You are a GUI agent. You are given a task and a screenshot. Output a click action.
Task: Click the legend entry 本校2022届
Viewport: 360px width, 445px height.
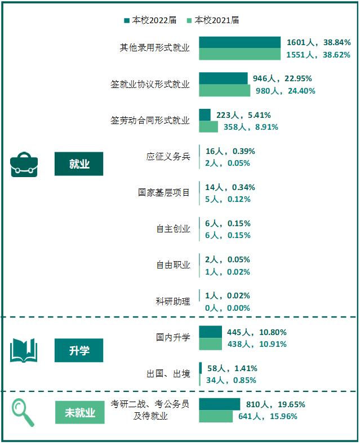tap(151, 20)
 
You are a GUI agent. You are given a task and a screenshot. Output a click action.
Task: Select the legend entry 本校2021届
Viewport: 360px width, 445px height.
tap(214, 20)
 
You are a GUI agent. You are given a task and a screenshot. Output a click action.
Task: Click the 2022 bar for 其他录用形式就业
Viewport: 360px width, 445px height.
tap(239, 42)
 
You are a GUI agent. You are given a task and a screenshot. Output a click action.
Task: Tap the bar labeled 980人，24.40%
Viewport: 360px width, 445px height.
tap(225, 90)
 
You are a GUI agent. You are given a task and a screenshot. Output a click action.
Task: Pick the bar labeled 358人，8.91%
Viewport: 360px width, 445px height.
tap(208, 127)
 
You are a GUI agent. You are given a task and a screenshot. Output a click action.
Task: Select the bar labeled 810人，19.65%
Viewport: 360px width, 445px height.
tap(219, 404)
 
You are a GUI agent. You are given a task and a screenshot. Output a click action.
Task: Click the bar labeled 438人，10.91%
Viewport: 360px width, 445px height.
tap(211, 344)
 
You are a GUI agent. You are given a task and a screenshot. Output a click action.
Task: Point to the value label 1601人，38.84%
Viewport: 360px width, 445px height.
tap(318, 42)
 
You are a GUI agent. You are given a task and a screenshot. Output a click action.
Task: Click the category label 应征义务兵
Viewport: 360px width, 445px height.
tap(168, 157)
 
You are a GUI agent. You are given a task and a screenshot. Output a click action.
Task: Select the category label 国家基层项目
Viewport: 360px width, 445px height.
tap(164, 193)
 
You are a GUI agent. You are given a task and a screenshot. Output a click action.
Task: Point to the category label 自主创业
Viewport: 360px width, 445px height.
tap(173, 229)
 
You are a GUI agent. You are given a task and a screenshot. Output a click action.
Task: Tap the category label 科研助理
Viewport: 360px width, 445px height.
tap(173, 301)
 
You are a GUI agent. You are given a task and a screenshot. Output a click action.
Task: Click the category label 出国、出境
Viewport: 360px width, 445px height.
tap(168, 373)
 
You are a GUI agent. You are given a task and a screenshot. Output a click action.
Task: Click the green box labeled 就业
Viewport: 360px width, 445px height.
tap(79, 164)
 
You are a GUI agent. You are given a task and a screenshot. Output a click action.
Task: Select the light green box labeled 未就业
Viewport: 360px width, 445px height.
tap(79, 412)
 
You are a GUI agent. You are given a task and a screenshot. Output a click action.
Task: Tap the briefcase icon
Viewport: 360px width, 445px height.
tap(24, 164)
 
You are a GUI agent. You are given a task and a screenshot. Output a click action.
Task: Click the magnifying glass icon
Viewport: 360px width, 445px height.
tap(23, 412)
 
